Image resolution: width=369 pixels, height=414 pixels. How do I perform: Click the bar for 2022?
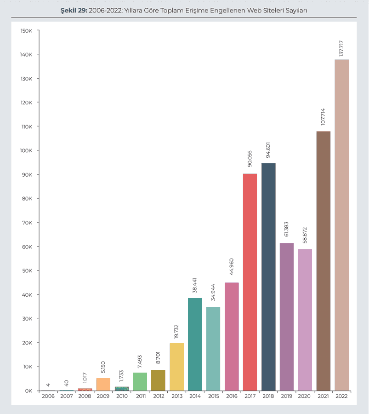pyautogui.click(x=341, y=225)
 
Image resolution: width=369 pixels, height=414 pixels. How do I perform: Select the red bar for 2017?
pyautogui.click(x=250, y=282)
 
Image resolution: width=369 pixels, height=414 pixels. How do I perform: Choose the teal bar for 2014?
pyautogui.click(x=195, y=344)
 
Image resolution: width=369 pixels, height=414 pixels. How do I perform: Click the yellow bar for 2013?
pyautogui.click(x=176, y=367)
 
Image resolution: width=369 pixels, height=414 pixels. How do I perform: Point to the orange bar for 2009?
pyautogui.click(x=103, y=384)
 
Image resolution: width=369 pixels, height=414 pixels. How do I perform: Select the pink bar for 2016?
pyautogui.click(x=232, y=336)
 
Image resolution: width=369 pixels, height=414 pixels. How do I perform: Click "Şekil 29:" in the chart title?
pyautogui.click(x=74, y=10)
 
